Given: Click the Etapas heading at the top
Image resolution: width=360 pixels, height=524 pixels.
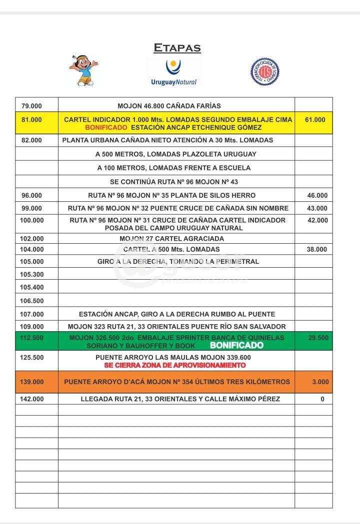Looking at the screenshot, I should coord(177,48).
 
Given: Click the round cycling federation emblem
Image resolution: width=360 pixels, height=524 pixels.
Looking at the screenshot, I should coord(264,71).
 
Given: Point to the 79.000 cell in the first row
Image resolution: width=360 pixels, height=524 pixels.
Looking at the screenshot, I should coord(32,106).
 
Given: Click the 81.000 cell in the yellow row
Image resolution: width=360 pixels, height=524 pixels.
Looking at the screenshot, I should coord(32,120).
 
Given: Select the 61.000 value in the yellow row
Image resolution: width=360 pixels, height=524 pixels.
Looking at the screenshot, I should coord(314,120).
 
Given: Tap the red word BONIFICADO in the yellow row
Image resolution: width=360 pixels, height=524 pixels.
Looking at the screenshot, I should coord(106,128).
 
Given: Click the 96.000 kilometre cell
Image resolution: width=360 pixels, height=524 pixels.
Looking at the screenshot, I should coord(32,195).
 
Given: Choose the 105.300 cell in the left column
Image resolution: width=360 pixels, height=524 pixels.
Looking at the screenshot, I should coord(32,274).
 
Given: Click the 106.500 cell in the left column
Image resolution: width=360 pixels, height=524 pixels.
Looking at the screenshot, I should coord(32,301).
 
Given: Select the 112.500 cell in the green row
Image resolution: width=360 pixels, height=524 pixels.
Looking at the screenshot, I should coord(32,338).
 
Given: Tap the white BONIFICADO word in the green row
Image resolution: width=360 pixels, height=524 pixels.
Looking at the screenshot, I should coord(236,345).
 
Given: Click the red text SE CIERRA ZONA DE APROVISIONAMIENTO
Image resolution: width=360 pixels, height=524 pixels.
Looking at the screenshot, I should coord(175,365).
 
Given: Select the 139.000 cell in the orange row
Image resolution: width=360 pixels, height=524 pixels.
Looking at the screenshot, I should coord(32,382).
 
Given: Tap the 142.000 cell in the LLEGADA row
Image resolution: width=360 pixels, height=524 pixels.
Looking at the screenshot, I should coord(32,399).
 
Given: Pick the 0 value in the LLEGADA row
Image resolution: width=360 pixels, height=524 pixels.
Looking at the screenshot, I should coord(322,399).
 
